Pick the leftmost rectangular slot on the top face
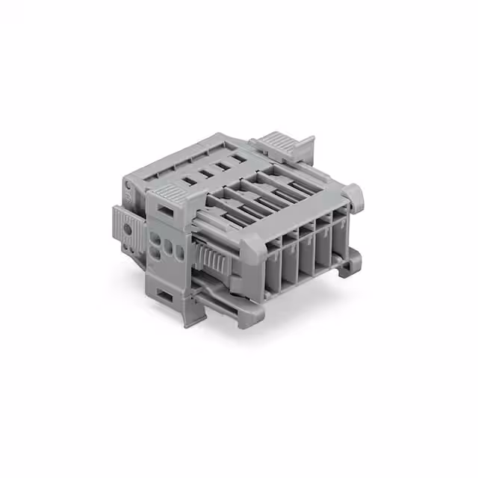(x=186, y=181)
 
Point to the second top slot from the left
(x=203, y=173)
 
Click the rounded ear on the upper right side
(x=357, y=196)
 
